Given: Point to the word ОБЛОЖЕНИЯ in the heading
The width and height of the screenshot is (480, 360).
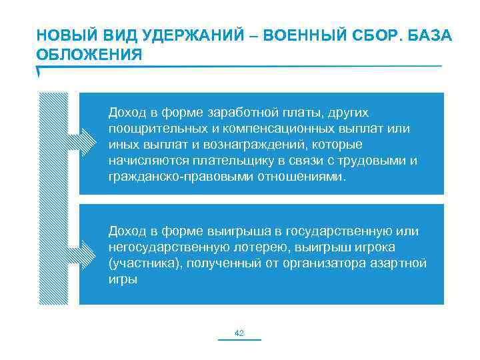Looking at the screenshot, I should [x=89, y=54].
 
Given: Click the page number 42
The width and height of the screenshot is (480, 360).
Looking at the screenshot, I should [x=240, y=333].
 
